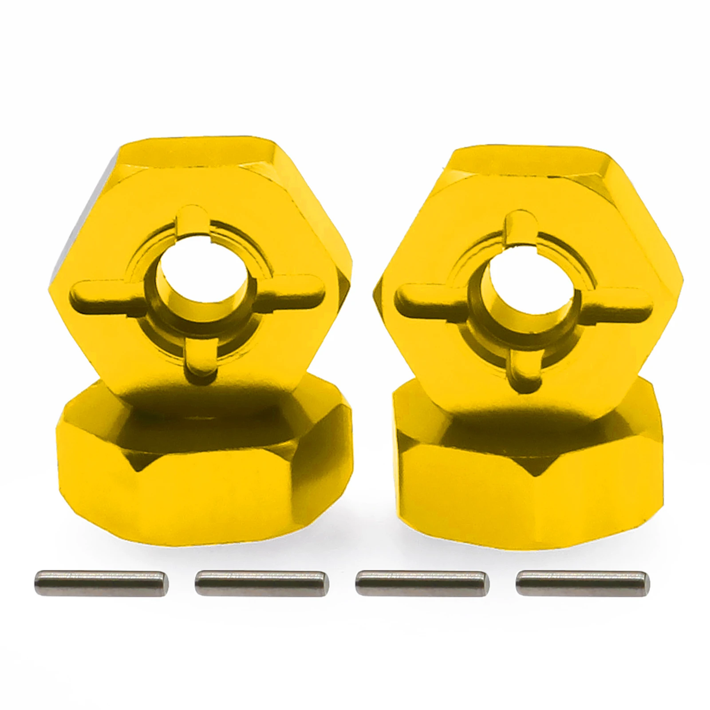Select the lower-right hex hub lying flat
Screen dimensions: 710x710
point(528,479)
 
